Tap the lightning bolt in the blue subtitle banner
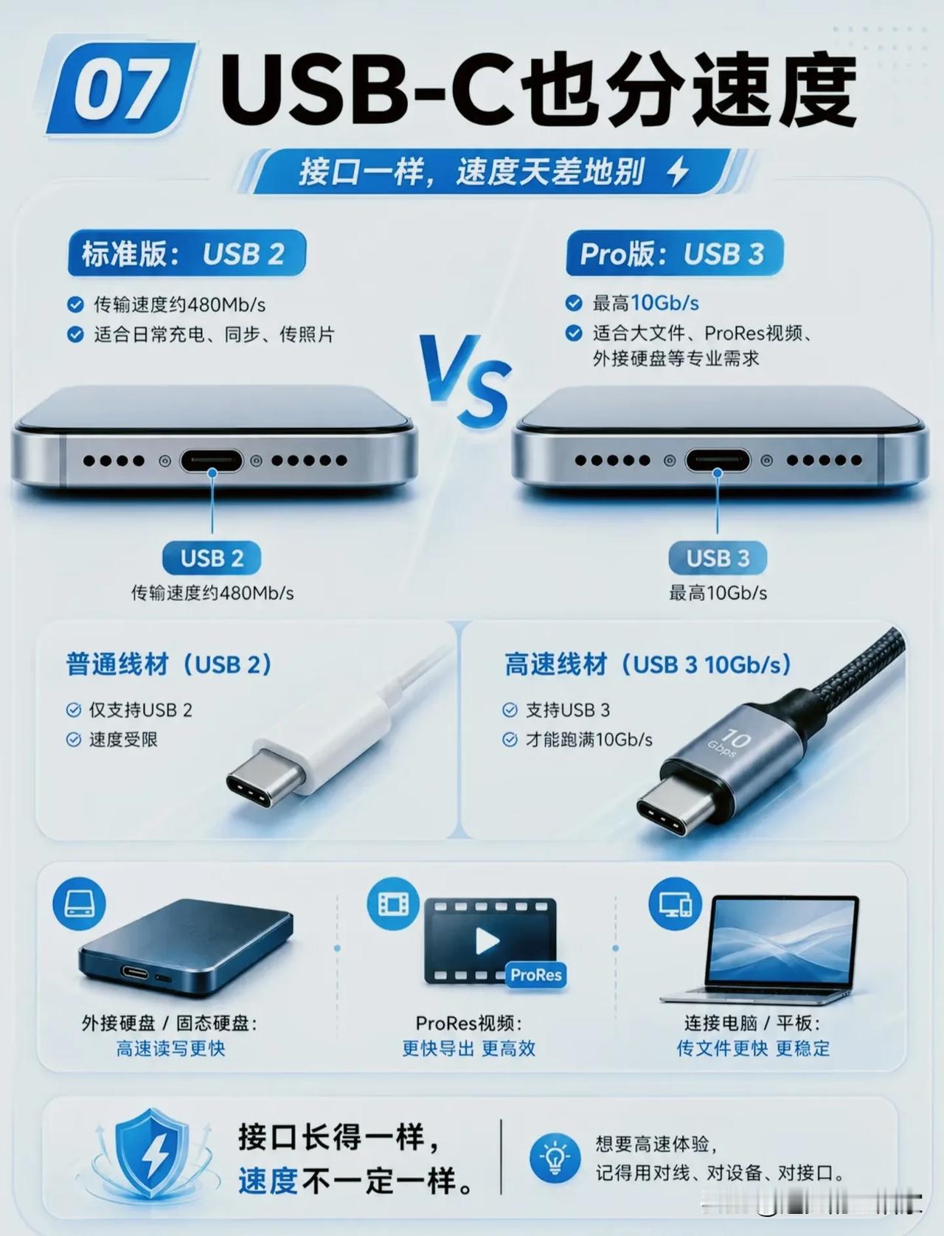point(677,171)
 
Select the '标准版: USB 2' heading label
point(187,254)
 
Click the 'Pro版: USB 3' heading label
point(674,254)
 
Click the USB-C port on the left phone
point(212,461)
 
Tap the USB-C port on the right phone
point(717,461)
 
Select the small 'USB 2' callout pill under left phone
point(212,558)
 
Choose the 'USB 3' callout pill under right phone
point(717,558)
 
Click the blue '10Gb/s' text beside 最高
point(664,304)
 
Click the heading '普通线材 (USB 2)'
point(169,664)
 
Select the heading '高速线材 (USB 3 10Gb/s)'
point(648,664)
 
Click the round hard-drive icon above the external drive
point(79,904)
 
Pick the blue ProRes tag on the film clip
point(536,975)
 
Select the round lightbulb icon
point(555,1156)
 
